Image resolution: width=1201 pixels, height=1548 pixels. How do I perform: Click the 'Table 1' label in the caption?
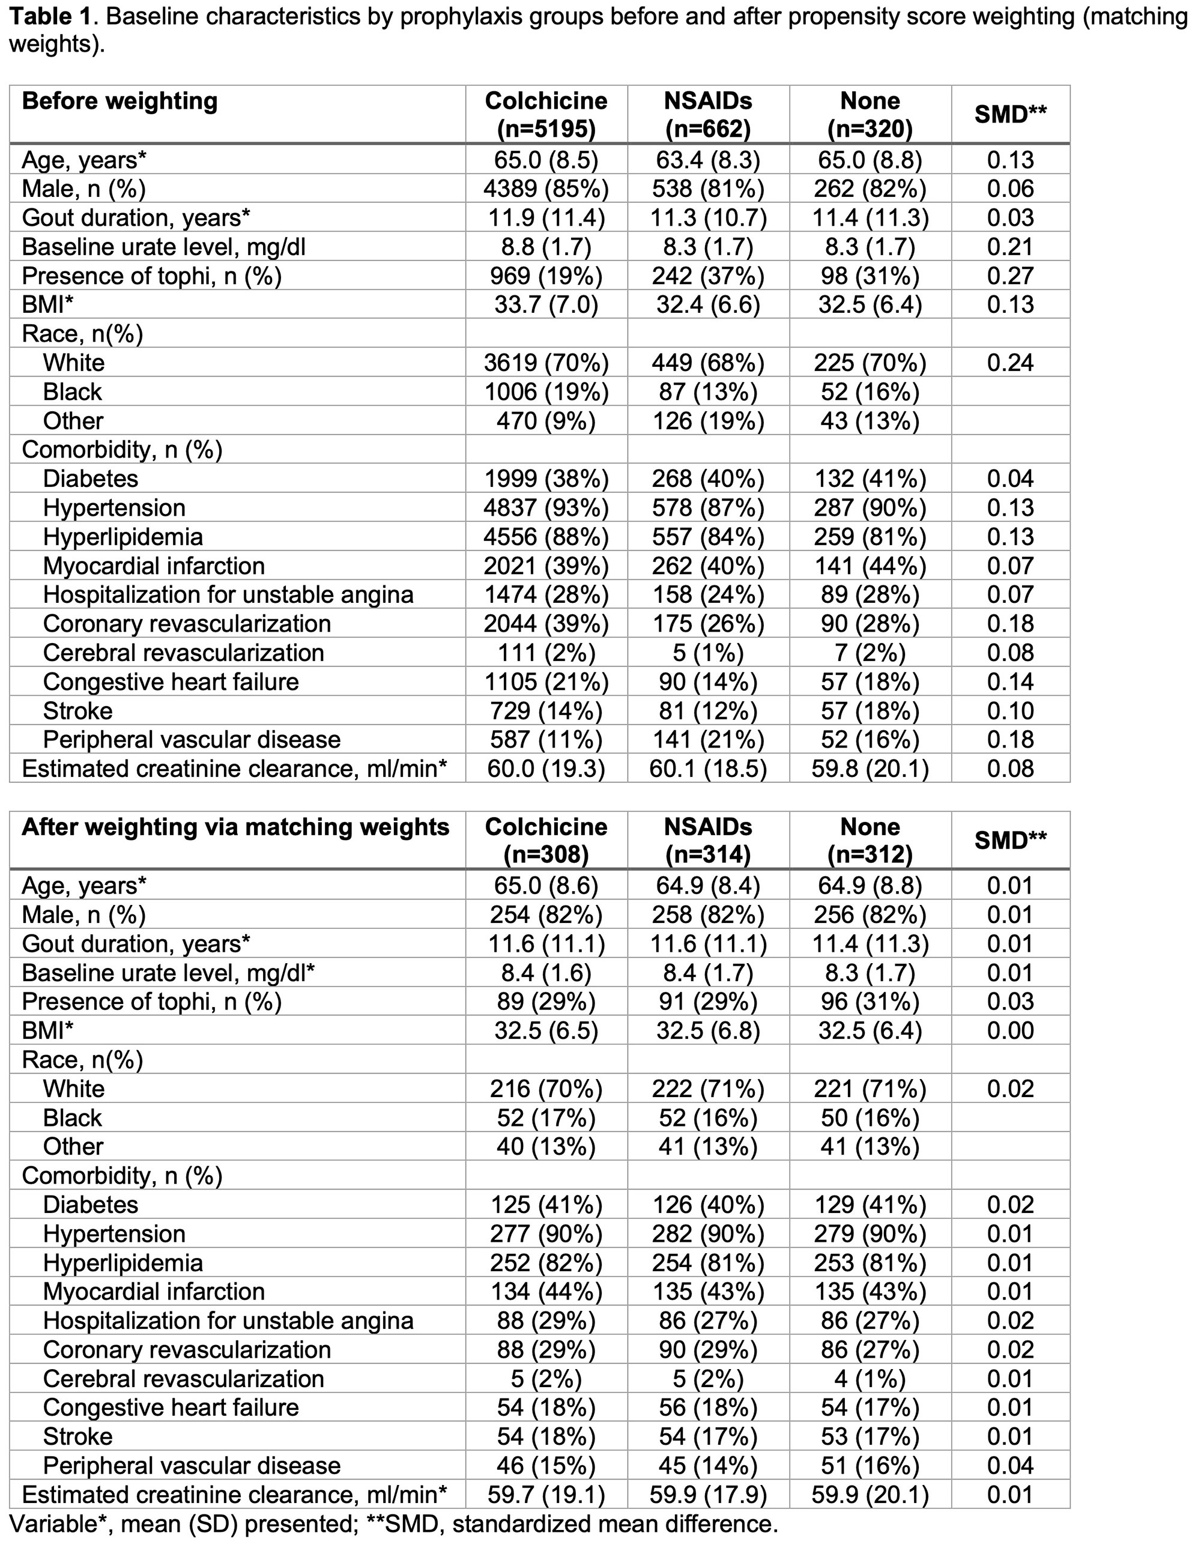pyautogui.click(x=50, y=16)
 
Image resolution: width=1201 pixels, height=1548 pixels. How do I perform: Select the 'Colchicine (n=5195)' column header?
pyautogui.click(x=546, y=114)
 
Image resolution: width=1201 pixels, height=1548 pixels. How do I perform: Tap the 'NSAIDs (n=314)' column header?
pyautogui.click(x=707, y=840)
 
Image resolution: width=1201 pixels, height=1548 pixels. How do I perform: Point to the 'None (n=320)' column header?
pyautogui.click(x=870, y=114)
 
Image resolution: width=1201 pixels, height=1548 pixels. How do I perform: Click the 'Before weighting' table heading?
pyautogui.click(x=120, y=101)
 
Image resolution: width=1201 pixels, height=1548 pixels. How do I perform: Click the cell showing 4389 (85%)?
pyautogui.click(x=546, y=189)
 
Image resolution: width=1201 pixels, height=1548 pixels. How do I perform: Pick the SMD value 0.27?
pyautogui.click(x=1010, y=276)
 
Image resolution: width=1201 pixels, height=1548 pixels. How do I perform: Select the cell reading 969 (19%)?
pyautogui.click(x=546, y=276)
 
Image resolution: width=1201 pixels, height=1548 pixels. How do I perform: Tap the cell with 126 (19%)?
pyautogui.click(x=707, y=421)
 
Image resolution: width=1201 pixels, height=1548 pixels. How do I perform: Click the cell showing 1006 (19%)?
pyautogui.click(x=546, y=392)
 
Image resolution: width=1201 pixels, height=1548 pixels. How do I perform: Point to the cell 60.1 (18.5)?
pyautogui.click(x=707, y=769)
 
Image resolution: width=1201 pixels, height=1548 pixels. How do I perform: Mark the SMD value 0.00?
pyautogui.click(x=1010, y=1030)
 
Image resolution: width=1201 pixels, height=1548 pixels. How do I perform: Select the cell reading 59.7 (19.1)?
pyautogui.click(x=546, y=1495)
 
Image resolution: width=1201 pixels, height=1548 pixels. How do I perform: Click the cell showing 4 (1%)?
pyautogui.click(x=870, y=1379)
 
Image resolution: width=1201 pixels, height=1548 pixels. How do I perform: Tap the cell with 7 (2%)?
pyautogui.click(x=870, y=653)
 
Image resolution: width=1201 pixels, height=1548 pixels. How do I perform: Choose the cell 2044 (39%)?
pyautogui.click(x=546, y=624)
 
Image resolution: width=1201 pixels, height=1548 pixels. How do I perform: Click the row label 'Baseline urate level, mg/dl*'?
pyautogui.click(x=168, y=973)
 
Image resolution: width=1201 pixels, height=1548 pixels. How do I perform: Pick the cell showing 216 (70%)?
pyautogui.click(x=546, y=1089)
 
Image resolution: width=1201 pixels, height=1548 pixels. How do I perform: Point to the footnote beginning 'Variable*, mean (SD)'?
pyautogui.click(x=393, y=1524)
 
